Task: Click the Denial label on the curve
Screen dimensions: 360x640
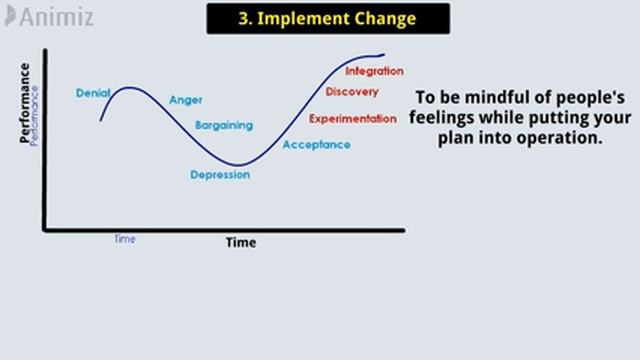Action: point(93,93)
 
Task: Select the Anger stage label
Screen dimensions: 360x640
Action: point(186,100)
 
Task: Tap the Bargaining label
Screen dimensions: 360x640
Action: point(224,126)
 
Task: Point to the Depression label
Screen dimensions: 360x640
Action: point(220,175)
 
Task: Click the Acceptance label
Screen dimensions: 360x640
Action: point(316,145)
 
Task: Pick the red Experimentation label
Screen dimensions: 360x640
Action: point(353,119)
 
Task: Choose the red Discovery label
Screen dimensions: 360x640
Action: point(352,93)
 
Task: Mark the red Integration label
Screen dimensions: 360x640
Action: point(374,71)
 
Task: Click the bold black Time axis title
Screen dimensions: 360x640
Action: point(240,242)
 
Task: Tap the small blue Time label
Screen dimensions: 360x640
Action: point(124,239)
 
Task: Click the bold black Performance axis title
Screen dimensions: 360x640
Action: point(25,103)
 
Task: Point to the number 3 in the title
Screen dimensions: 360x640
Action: point(244,18)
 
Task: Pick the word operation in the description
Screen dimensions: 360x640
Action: point(564,138)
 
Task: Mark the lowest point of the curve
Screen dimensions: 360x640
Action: point(237,164)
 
